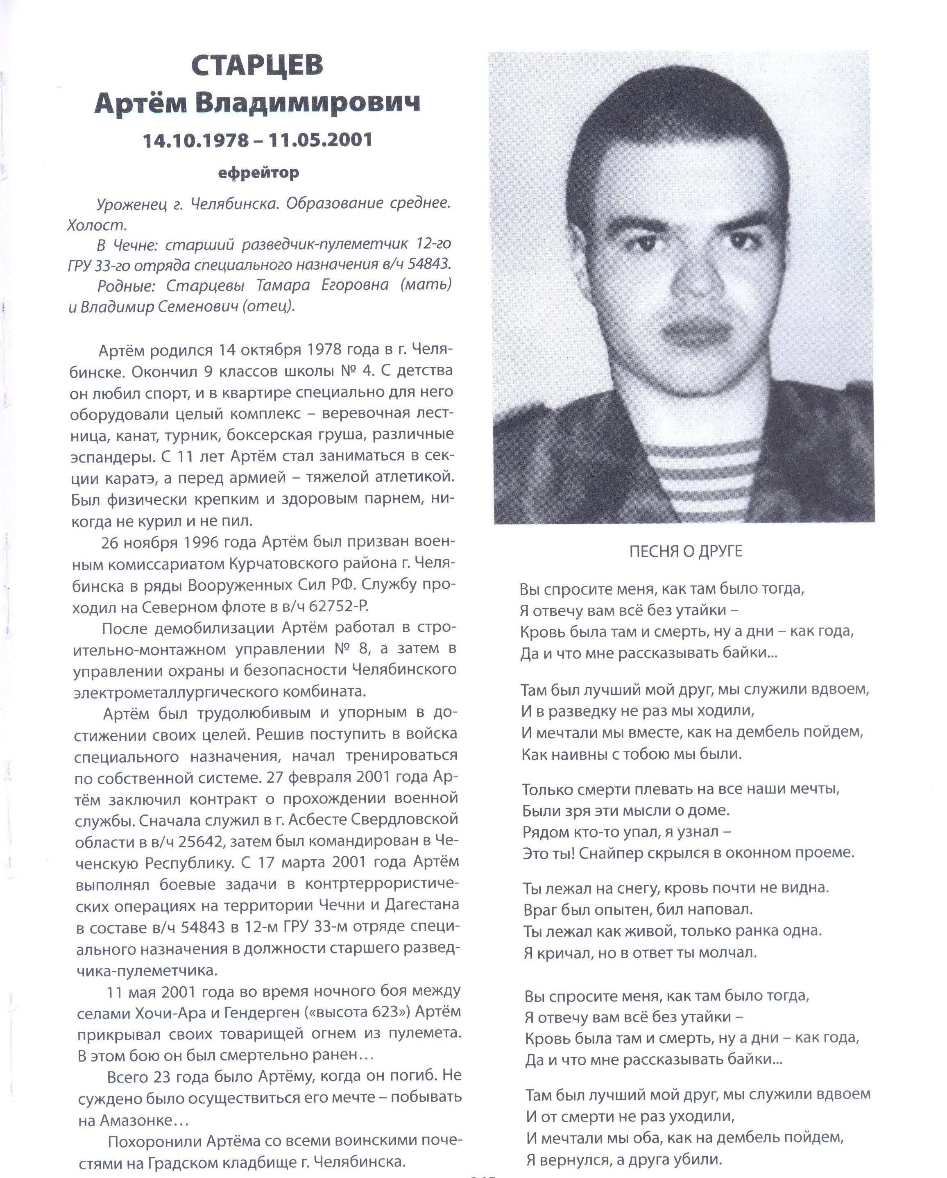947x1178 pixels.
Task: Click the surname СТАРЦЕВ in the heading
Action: (257, 66)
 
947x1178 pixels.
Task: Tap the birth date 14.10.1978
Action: (195, 141)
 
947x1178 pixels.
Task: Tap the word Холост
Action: (96, 225)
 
